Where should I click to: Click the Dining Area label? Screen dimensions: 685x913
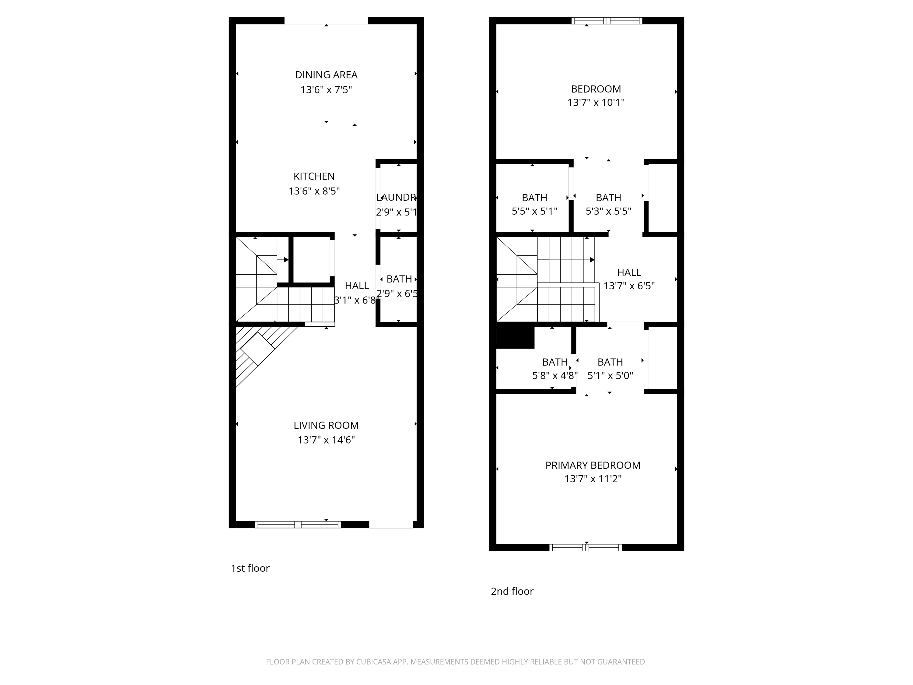click(x=326, y=75)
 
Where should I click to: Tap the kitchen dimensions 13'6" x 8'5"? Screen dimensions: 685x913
click(x=314, y=191)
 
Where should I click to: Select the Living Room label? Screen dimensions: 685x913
click(x=326, y=425)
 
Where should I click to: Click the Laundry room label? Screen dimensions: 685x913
click(x=396, y=197)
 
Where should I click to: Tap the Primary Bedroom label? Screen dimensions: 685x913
click(x=593, y=465)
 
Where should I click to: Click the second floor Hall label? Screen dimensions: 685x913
click(x=629, y=272)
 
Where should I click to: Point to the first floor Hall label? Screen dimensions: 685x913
click(x=357, y=286)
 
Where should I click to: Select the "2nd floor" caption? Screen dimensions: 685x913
click(x=512, y=592)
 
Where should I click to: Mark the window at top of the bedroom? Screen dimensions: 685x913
click(x=607, y=21)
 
